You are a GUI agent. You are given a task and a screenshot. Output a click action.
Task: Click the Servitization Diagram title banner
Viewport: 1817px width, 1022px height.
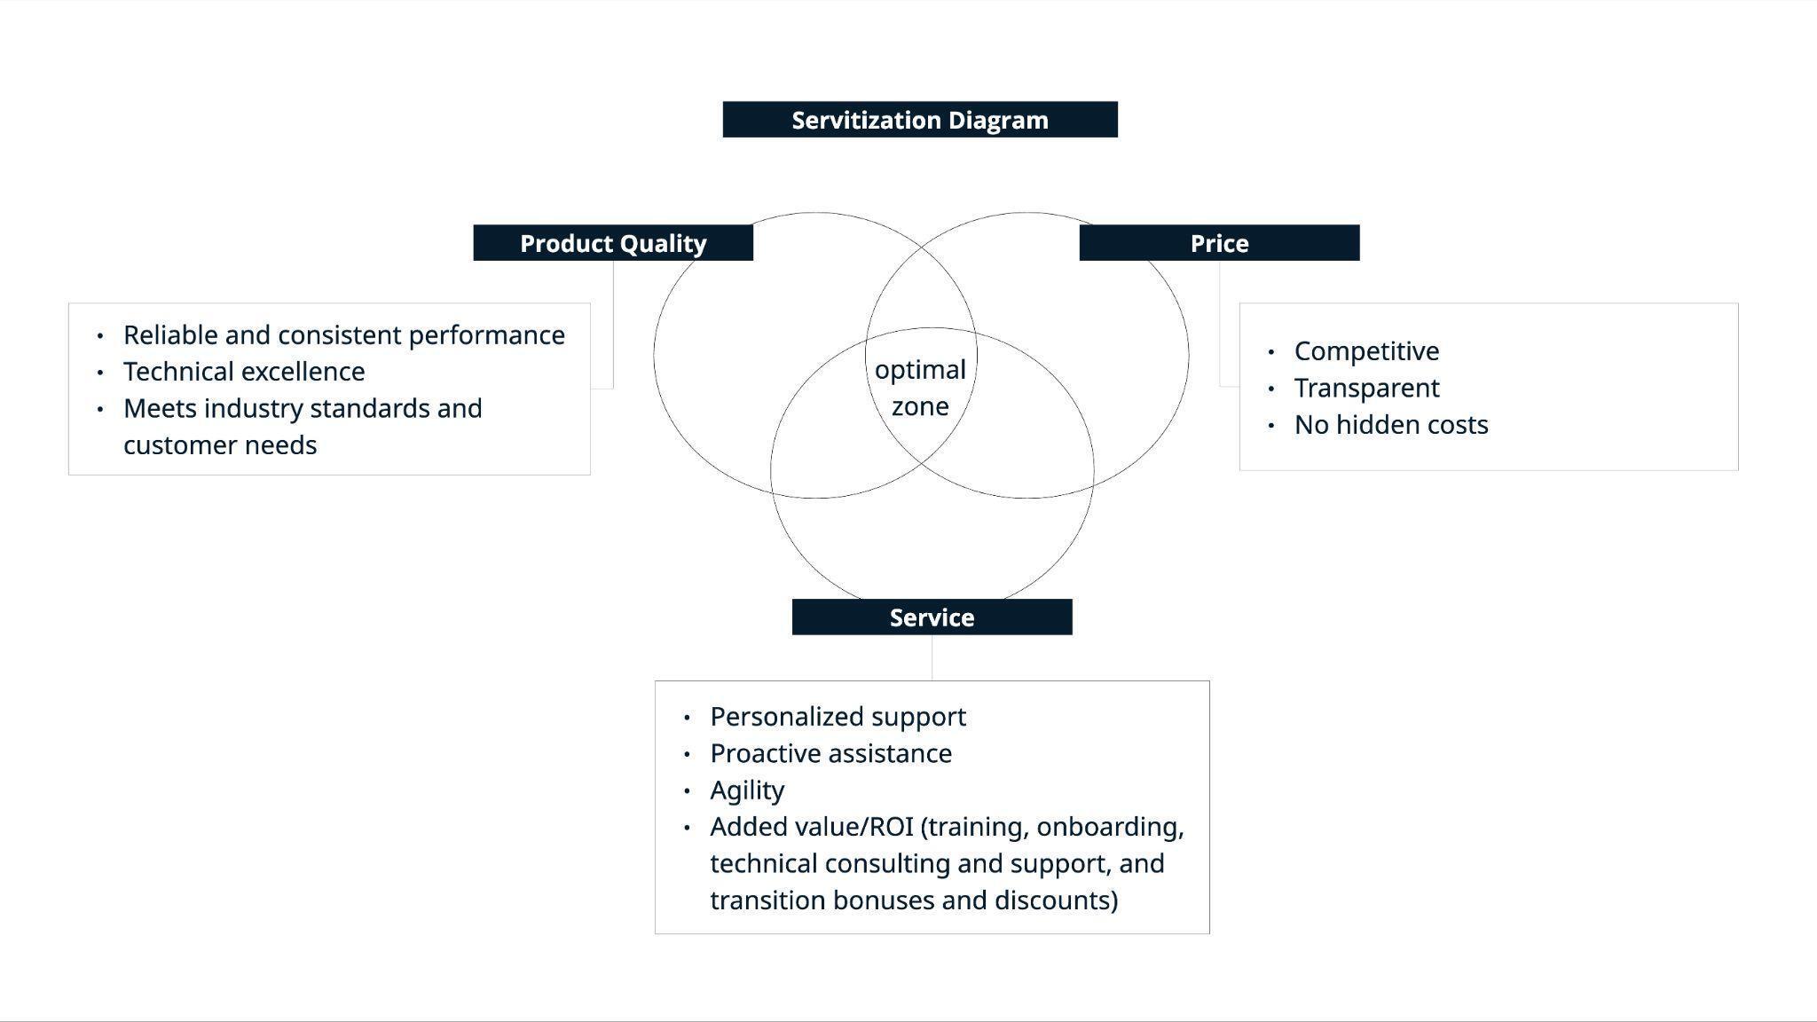point(919,120)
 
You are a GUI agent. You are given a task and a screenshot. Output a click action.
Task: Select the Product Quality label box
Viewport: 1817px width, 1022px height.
point(613,243)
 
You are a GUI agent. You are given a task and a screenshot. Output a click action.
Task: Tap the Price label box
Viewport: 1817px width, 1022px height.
point(1219,243)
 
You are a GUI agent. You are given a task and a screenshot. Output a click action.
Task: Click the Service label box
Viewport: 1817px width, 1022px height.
point(932,617)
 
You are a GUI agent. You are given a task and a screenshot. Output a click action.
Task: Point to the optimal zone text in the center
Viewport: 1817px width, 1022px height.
point(920,388)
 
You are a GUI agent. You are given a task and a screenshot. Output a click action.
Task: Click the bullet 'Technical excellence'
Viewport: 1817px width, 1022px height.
point(244,372)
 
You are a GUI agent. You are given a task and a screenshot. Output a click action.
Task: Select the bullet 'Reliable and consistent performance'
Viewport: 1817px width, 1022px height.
point(343,335)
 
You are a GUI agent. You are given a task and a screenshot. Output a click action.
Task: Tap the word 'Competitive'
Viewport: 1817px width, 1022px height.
point(1366,351)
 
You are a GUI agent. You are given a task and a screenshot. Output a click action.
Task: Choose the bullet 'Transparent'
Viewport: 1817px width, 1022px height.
point(1366,389)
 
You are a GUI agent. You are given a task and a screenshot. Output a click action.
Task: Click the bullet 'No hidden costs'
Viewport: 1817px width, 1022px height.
point(1390,425)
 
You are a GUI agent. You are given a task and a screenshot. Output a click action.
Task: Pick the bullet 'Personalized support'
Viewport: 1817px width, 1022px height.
point(838,717)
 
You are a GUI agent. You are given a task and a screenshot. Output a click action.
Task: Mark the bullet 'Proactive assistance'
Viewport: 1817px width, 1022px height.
point(830,754)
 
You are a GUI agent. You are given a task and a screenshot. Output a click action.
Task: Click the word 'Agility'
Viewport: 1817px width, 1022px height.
point(747,790)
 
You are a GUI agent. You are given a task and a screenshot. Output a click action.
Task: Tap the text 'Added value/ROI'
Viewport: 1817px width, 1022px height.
point(811,827)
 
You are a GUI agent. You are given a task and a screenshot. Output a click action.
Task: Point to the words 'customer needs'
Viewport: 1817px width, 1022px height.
point(220,445)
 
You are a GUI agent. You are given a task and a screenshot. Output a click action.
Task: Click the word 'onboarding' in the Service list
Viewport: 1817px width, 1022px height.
point(1109,827)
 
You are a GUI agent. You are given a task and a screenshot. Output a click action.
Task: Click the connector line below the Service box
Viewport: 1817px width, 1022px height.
point(932,657)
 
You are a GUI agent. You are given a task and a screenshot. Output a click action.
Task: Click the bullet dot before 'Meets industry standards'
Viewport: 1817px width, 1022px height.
point(100,409)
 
